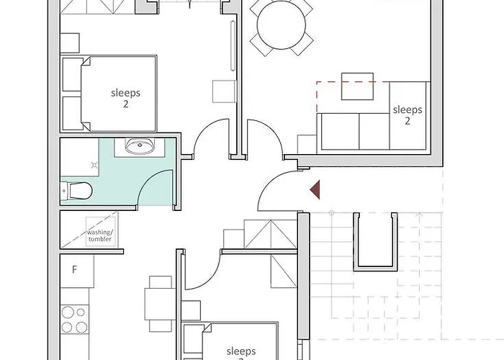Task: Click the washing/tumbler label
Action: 100,236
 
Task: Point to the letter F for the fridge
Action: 73,270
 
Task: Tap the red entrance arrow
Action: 315,190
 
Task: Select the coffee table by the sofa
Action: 356,87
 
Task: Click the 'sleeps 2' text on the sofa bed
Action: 407,115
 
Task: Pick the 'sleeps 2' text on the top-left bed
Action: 125,98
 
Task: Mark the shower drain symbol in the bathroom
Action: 94,165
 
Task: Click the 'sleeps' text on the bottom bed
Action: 240,351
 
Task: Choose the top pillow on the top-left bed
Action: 73,74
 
